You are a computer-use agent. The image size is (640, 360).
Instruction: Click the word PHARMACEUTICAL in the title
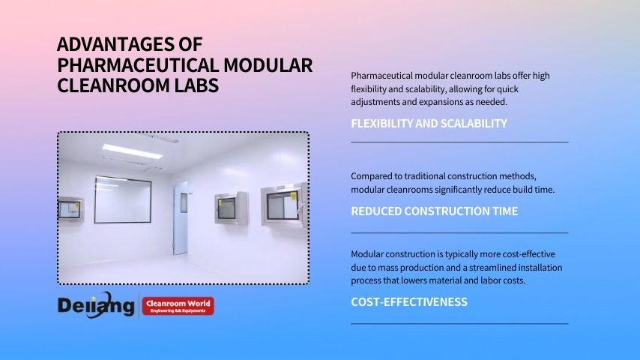138,65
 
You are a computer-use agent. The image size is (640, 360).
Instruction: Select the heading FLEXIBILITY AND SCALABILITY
429,124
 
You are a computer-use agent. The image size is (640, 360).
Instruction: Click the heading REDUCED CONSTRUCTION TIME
435,211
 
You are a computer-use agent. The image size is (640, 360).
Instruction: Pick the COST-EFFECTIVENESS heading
409,302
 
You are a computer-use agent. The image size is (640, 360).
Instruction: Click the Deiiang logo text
96,304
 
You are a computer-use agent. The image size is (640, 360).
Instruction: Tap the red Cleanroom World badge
178,306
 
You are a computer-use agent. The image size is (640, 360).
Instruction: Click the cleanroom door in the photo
181,218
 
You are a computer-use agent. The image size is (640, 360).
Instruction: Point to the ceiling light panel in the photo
132,151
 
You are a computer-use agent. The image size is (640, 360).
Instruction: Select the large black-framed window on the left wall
123,199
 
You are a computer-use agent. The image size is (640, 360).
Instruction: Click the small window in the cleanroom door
184,202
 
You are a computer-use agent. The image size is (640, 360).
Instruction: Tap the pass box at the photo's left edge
70,209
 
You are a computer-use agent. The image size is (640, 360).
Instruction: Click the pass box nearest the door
231,208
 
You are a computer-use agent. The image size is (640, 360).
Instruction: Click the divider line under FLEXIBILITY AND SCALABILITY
459,142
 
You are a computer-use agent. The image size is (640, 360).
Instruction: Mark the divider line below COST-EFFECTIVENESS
459,324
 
